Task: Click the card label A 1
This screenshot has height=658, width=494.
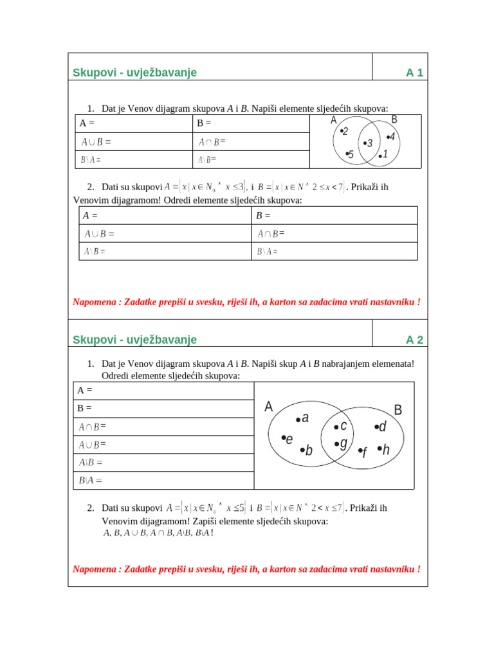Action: (414, 73)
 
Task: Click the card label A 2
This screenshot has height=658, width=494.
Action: (414, 339)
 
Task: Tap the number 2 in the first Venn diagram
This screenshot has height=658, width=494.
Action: (345, 132)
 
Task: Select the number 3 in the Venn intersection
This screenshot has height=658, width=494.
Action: (369, 143)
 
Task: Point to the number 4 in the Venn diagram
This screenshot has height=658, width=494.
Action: (392, 137)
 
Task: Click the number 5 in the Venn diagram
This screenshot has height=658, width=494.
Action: (351, 154)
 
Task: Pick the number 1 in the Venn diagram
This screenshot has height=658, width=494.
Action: (385, 154)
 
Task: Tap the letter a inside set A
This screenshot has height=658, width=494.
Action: (305, 418)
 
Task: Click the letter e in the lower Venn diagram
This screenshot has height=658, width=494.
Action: (289, 439)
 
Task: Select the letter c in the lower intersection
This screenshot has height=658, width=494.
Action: (343, 425)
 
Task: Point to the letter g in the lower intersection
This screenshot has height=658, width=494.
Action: (343, 443)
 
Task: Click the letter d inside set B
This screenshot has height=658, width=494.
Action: (382, 427)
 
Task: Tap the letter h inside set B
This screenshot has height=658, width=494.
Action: (385, 449)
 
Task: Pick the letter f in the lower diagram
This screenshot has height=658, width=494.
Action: (364, 452)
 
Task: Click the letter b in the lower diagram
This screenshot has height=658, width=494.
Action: (308, 450)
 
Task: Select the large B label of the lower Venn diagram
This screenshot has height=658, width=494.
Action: (398, 410)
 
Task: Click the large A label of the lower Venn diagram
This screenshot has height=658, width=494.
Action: (269, 407)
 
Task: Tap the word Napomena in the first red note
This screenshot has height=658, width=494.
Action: (92, 301)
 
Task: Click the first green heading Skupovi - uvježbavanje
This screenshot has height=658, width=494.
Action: (135, 73)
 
